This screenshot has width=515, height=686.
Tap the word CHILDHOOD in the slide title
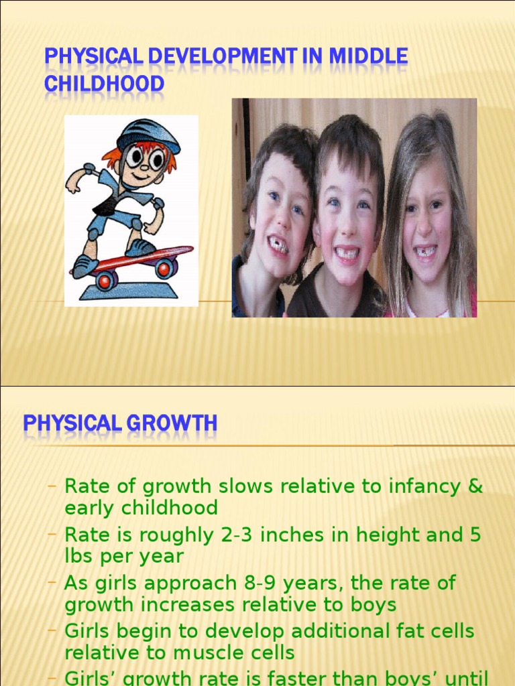click(104, 85)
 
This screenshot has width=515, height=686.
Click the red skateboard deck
click(134, 257)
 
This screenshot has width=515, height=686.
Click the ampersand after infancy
click(475, 486)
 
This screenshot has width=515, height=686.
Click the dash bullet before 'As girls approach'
click(52, 582)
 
